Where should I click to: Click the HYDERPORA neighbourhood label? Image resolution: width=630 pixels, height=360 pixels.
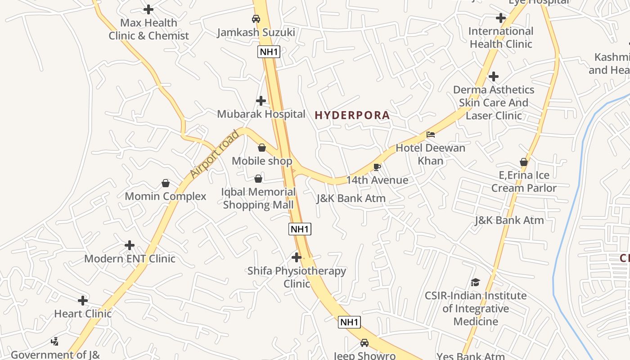pos(352,115)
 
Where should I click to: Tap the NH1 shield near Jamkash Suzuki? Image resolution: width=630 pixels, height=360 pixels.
pos(269,52)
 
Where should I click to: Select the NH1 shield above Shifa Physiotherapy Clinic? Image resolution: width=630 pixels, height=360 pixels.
pos(300,229)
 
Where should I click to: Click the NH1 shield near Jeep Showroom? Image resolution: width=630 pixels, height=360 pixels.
pos(349,322)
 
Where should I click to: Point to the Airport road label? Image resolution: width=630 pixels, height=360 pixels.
pos(214,154)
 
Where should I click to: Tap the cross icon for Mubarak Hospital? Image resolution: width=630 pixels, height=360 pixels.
pos(261,101)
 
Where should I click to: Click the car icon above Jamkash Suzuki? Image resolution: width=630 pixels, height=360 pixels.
pos(256,19)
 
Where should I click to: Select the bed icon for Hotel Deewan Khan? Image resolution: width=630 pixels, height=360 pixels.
pos(431,135)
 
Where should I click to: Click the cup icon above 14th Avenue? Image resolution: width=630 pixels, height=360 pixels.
pos(377,167)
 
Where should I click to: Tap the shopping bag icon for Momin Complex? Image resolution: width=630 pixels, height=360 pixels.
pos(166,183)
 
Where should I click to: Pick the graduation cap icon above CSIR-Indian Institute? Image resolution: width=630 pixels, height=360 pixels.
pos(476,283)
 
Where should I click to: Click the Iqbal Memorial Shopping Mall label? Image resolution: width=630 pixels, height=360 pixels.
pos(258,198)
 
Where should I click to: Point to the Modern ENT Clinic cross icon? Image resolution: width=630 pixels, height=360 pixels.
pos(130,245)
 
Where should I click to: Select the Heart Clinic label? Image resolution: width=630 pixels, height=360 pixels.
pos(83,314)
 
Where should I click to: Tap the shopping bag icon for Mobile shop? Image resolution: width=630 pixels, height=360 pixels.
pos(262,148)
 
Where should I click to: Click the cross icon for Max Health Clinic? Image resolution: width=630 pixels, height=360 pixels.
pos(148,9)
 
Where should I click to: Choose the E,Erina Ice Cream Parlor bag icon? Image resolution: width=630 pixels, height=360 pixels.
pos(524,162)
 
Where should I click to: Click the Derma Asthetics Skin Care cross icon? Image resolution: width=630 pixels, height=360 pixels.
pos(494,76)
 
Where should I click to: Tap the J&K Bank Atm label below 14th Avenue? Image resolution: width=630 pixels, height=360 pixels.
pos(351,198)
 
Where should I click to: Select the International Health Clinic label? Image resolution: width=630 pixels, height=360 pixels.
pos(501,37)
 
